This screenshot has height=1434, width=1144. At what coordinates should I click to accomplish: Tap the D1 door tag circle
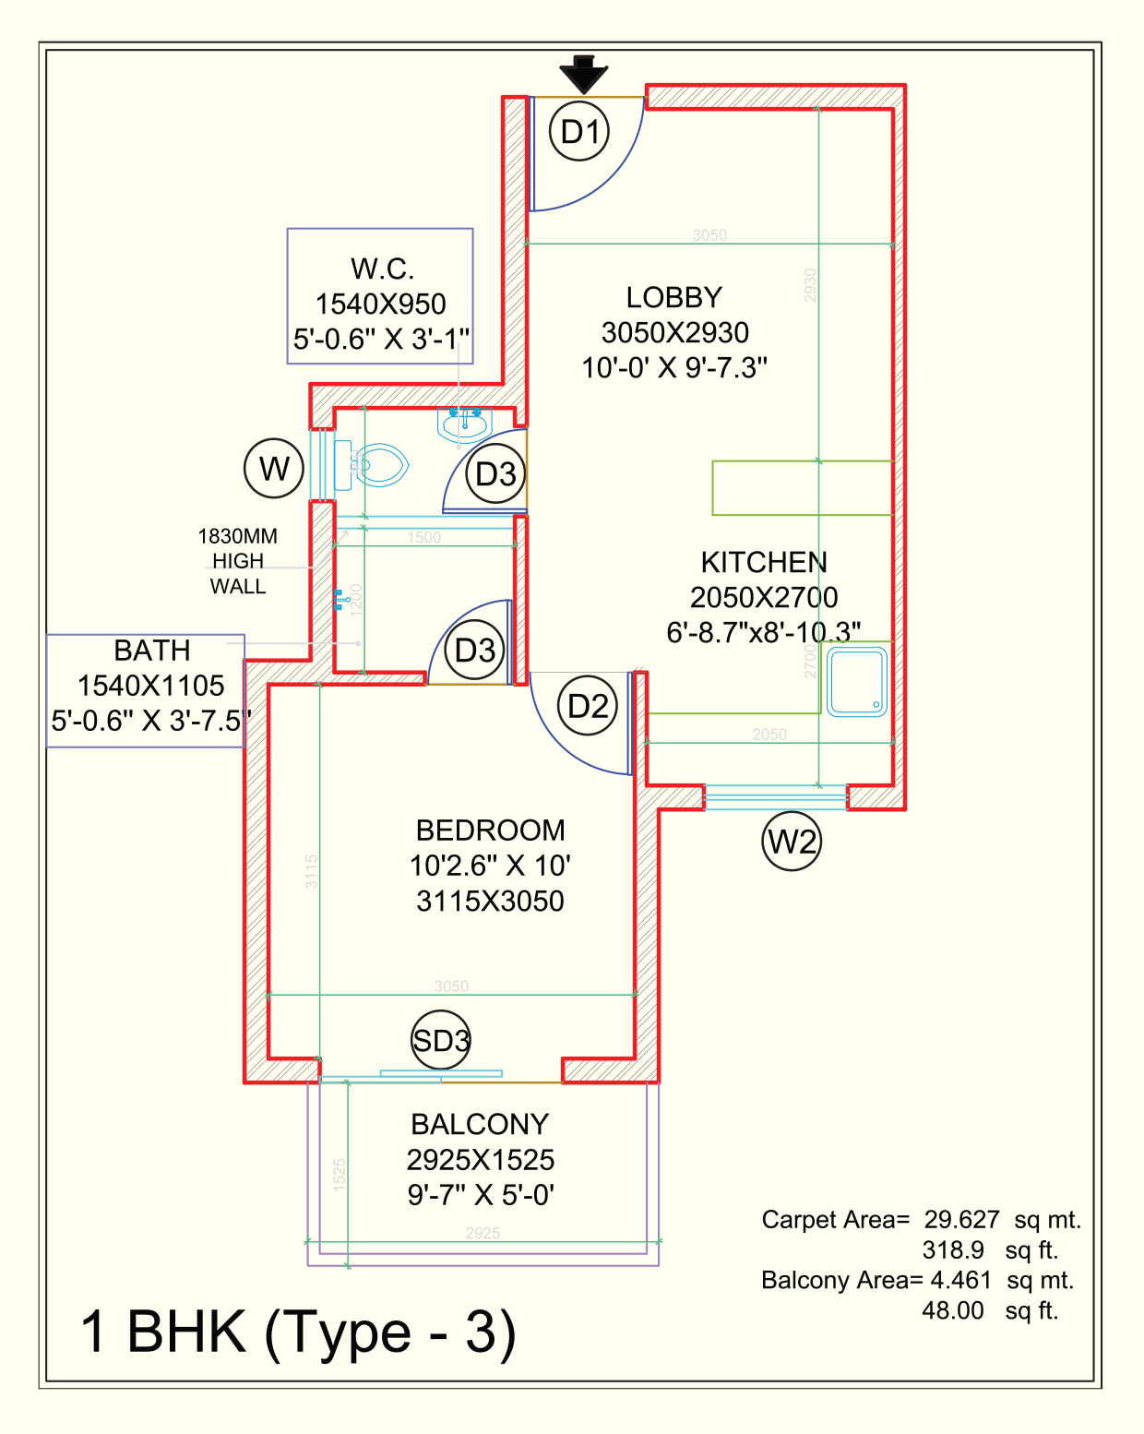click(x=579, y=132)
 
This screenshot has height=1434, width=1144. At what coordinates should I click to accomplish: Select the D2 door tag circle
click(x=588, y=707)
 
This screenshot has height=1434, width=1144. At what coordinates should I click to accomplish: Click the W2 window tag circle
click(x=792, y=842)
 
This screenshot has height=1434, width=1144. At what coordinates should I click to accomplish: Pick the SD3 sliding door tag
click(x=441, y=1041)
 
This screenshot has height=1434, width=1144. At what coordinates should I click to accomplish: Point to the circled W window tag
click(x=274, y=469)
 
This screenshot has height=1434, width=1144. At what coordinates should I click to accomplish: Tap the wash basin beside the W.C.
click(x=464, y=424)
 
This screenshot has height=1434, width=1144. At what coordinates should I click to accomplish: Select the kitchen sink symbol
click(x=856, y=683)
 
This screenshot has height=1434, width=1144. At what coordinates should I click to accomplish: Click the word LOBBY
click(x=673, y=298)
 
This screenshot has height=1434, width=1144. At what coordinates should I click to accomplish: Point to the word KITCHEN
click(x=764, y=563)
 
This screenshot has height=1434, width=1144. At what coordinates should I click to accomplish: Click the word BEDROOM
click(x=490, y=831)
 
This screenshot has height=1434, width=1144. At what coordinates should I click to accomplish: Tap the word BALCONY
click(x=480, y=1125)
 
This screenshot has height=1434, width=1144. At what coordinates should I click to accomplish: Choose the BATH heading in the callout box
click(x=152, y=651)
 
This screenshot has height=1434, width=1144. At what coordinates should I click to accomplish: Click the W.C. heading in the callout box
click(x=382, y=269)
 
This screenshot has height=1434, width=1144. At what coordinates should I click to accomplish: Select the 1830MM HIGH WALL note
click(x=237, y=561)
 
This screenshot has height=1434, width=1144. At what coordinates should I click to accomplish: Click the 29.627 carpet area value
click(x=961, y=1220)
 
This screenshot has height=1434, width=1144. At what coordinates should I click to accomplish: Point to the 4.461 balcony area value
click(x=960, y=1281)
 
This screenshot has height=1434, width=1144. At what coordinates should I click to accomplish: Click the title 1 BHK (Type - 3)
click(x=297, y=1332)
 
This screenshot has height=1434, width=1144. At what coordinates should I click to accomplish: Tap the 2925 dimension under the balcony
click(x=483, y=1233)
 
